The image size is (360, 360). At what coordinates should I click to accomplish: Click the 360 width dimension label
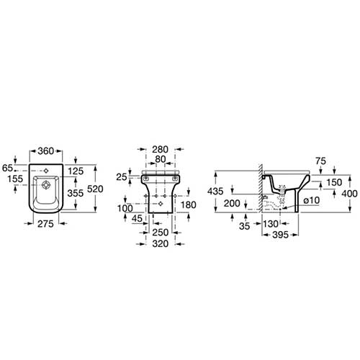[45, 151]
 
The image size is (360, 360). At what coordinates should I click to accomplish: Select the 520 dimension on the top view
[95, 189]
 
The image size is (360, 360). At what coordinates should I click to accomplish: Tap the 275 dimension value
[45, 224]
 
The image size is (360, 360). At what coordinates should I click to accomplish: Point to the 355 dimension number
[76, 193]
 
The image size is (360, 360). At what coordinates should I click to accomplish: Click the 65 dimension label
[7, 168]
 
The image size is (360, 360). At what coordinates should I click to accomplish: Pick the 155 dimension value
[15, 179]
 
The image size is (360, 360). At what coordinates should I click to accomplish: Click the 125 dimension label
[76, 171]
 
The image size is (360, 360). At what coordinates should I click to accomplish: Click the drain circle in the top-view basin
[45, 186]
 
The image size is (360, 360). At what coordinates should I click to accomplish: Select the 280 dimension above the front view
[161, 150]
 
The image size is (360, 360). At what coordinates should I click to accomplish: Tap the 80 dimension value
[161, 159]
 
